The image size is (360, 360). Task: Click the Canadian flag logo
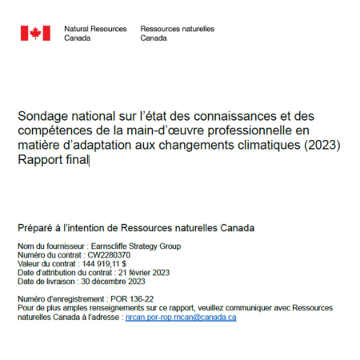pos(35,33)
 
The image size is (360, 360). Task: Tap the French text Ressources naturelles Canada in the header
pos(177,33)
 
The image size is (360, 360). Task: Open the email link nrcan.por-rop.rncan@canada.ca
pos(180,317)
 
